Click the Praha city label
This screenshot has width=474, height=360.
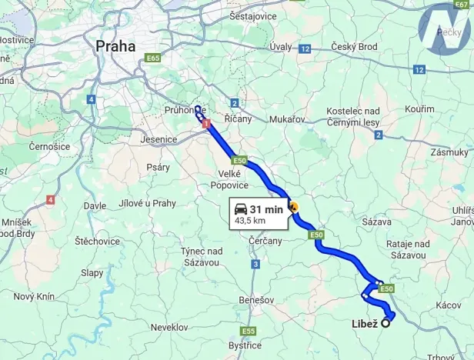point(115,46)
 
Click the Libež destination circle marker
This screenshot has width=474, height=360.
point(385,323)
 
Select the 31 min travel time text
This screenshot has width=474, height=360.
point(266,208)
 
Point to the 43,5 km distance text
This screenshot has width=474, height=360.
point(250,221)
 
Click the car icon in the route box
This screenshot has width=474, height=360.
point(241,208)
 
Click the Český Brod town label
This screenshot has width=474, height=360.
point(355,48)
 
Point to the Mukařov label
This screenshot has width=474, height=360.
point(288,119)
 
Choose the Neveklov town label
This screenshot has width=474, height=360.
point(169,327)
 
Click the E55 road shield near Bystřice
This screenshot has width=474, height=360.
point(248,331)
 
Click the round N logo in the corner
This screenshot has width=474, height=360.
point(445,29)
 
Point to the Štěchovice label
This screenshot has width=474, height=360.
point(96,241)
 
